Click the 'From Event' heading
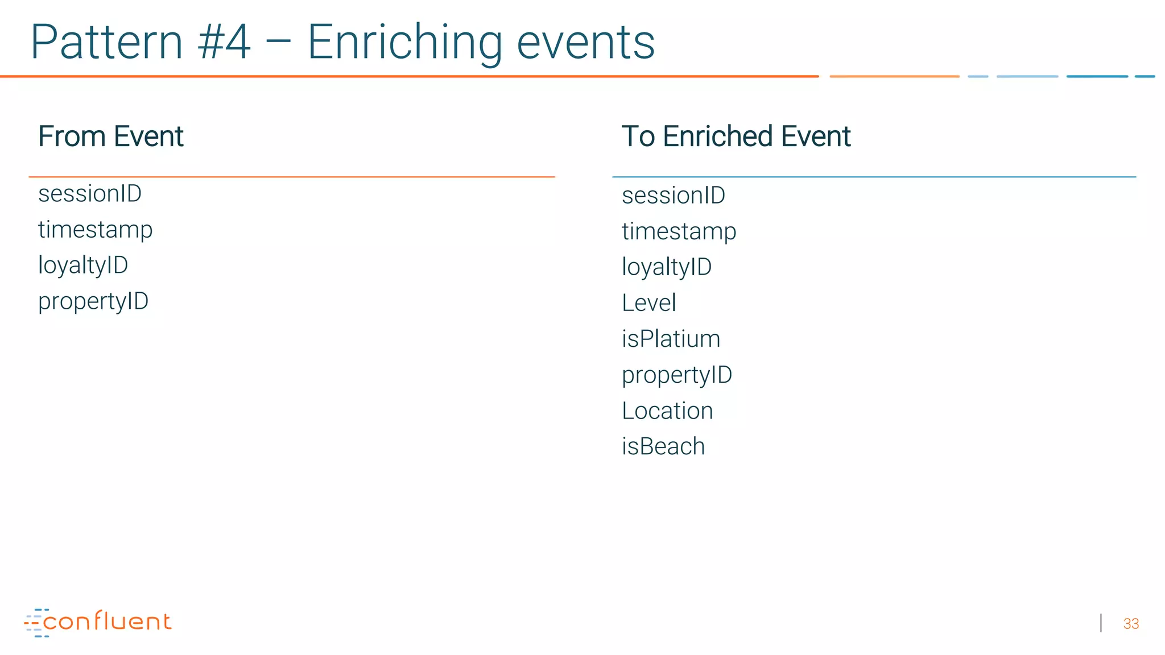pyautogui.click(x=111, y=136)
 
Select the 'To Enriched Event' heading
pyautogui.click(x=736, y=136)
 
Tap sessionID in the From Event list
pyautogui.click(x=90, y=194)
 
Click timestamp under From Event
pyautogui.click(x=96, y=230)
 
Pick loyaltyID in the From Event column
pyautogui.click(x=83, y=266)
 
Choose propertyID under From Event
pyautogui.click(x=93, y=301)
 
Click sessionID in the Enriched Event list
pyautogui.click(x=674, y=196)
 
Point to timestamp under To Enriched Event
pyautogui.click(x=679, y=232)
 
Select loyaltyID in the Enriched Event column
pyautogui.click(x=667, y=267)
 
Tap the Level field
pyautogui.click(x=649, y=303)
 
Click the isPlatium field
pyautogui.click(x=671, y=339)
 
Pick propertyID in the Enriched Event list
pyautogui.click(x=677, y=375)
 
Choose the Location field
pyautogui.click(x=667, y=411)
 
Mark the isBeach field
pyautogui.click(x=663, y=446)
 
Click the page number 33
pyautogui.click(x=1131, y=624)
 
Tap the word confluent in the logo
pyautogui.click(x=107, y=621)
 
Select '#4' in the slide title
pyautogui.click(x=224, y=42)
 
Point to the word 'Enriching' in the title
pyautogui.click(x=405, y=43)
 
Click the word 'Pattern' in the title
pyautogui.click(x=106, y=42)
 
